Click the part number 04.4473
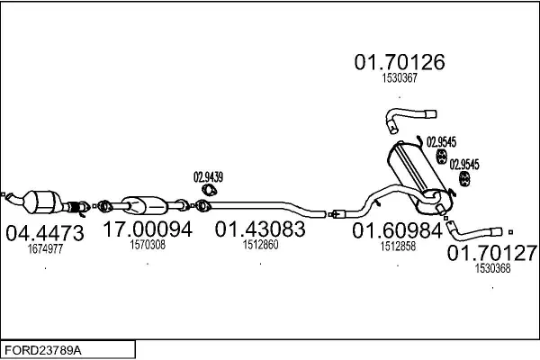(45, 233)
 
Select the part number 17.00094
(148, 229)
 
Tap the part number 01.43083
(260, 229)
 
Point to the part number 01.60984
(397, 230)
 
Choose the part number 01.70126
(400, 62)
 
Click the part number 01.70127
(492, 253)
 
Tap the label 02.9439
(208, 177)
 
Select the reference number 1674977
(45, 248)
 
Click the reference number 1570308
(148, 245)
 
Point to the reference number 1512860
(260, 245)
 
